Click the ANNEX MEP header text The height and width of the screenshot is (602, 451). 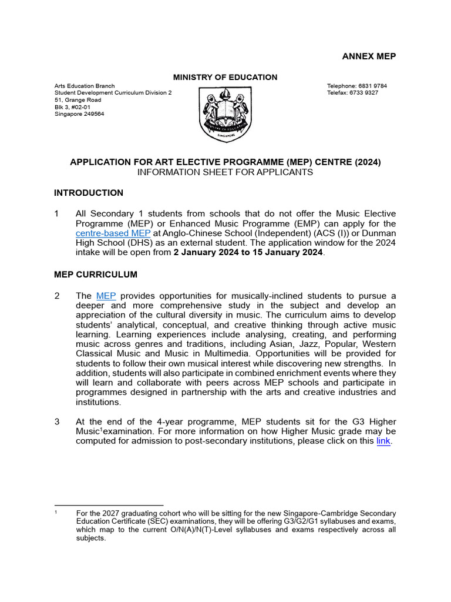pos(369,56)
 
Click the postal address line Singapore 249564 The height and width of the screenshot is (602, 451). pos(79,114)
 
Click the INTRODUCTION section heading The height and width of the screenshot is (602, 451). pos(89,193)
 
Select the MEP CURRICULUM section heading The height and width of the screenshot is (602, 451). pos(96,275)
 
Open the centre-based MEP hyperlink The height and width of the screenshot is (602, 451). pos(113,233)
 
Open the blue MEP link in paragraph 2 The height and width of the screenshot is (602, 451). pos(106,296)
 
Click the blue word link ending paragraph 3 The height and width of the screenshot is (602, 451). pos(383,442)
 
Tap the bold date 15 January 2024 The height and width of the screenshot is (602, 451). pos(285,252)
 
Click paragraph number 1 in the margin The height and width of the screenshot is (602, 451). pos(56,214)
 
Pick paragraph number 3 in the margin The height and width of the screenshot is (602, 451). pos(56,422)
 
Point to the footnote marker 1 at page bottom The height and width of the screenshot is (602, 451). pos(55,513)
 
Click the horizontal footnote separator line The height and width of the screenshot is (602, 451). pos(109,505)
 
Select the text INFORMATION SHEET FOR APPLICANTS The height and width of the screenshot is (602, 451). pos(225,172)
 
